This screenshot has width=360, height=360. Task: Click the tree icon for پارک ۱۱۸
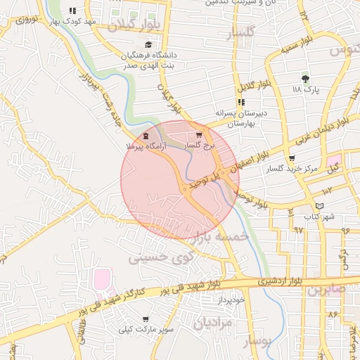(x=304, y=79)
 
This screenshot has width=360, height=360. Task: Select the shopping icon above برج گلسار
(x=199, y=134)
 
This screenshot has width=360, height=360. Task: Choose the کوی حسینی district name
(x=157, y=259)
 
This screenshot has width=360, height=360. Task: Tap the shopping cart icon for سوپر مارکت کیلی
(x=146, y=319)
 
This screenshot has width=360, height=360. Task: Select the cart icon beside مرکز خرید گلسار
(x=292, y=158)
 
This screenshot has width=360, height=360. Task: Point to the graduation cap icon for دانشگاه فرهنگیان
(x=148, y=45)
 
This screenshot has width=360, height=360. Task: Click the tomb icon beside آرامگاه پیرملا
(x=146, y=136)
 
